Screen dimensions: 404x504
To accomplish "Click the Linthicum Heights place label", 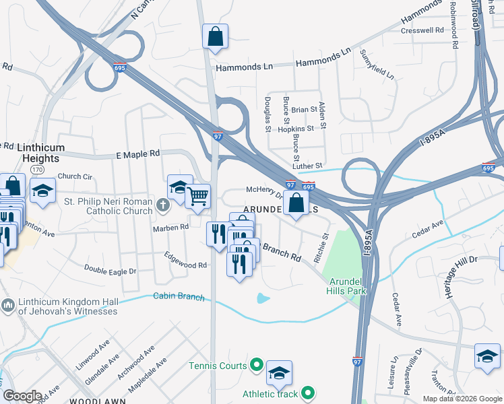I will (30, 152).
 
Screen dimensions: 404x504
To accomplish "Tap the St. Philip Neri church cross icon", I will (162, 205).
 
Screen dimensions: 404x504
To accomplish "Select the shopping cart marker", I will (197, 197).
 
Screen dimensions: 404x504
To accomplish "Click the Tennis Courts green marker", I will (256, 366).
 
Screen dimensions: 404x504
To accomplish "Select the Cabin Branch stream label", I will (178, 296).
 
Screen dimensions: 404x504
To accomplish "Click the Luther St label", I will (309, 166).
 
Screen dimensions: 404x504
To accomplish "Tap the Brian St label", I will (304, 109).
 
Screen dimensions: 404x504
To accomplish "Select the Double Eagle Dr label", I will (110, 269).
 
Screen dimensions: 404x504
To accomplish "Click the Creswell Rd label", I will (422, 30).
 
